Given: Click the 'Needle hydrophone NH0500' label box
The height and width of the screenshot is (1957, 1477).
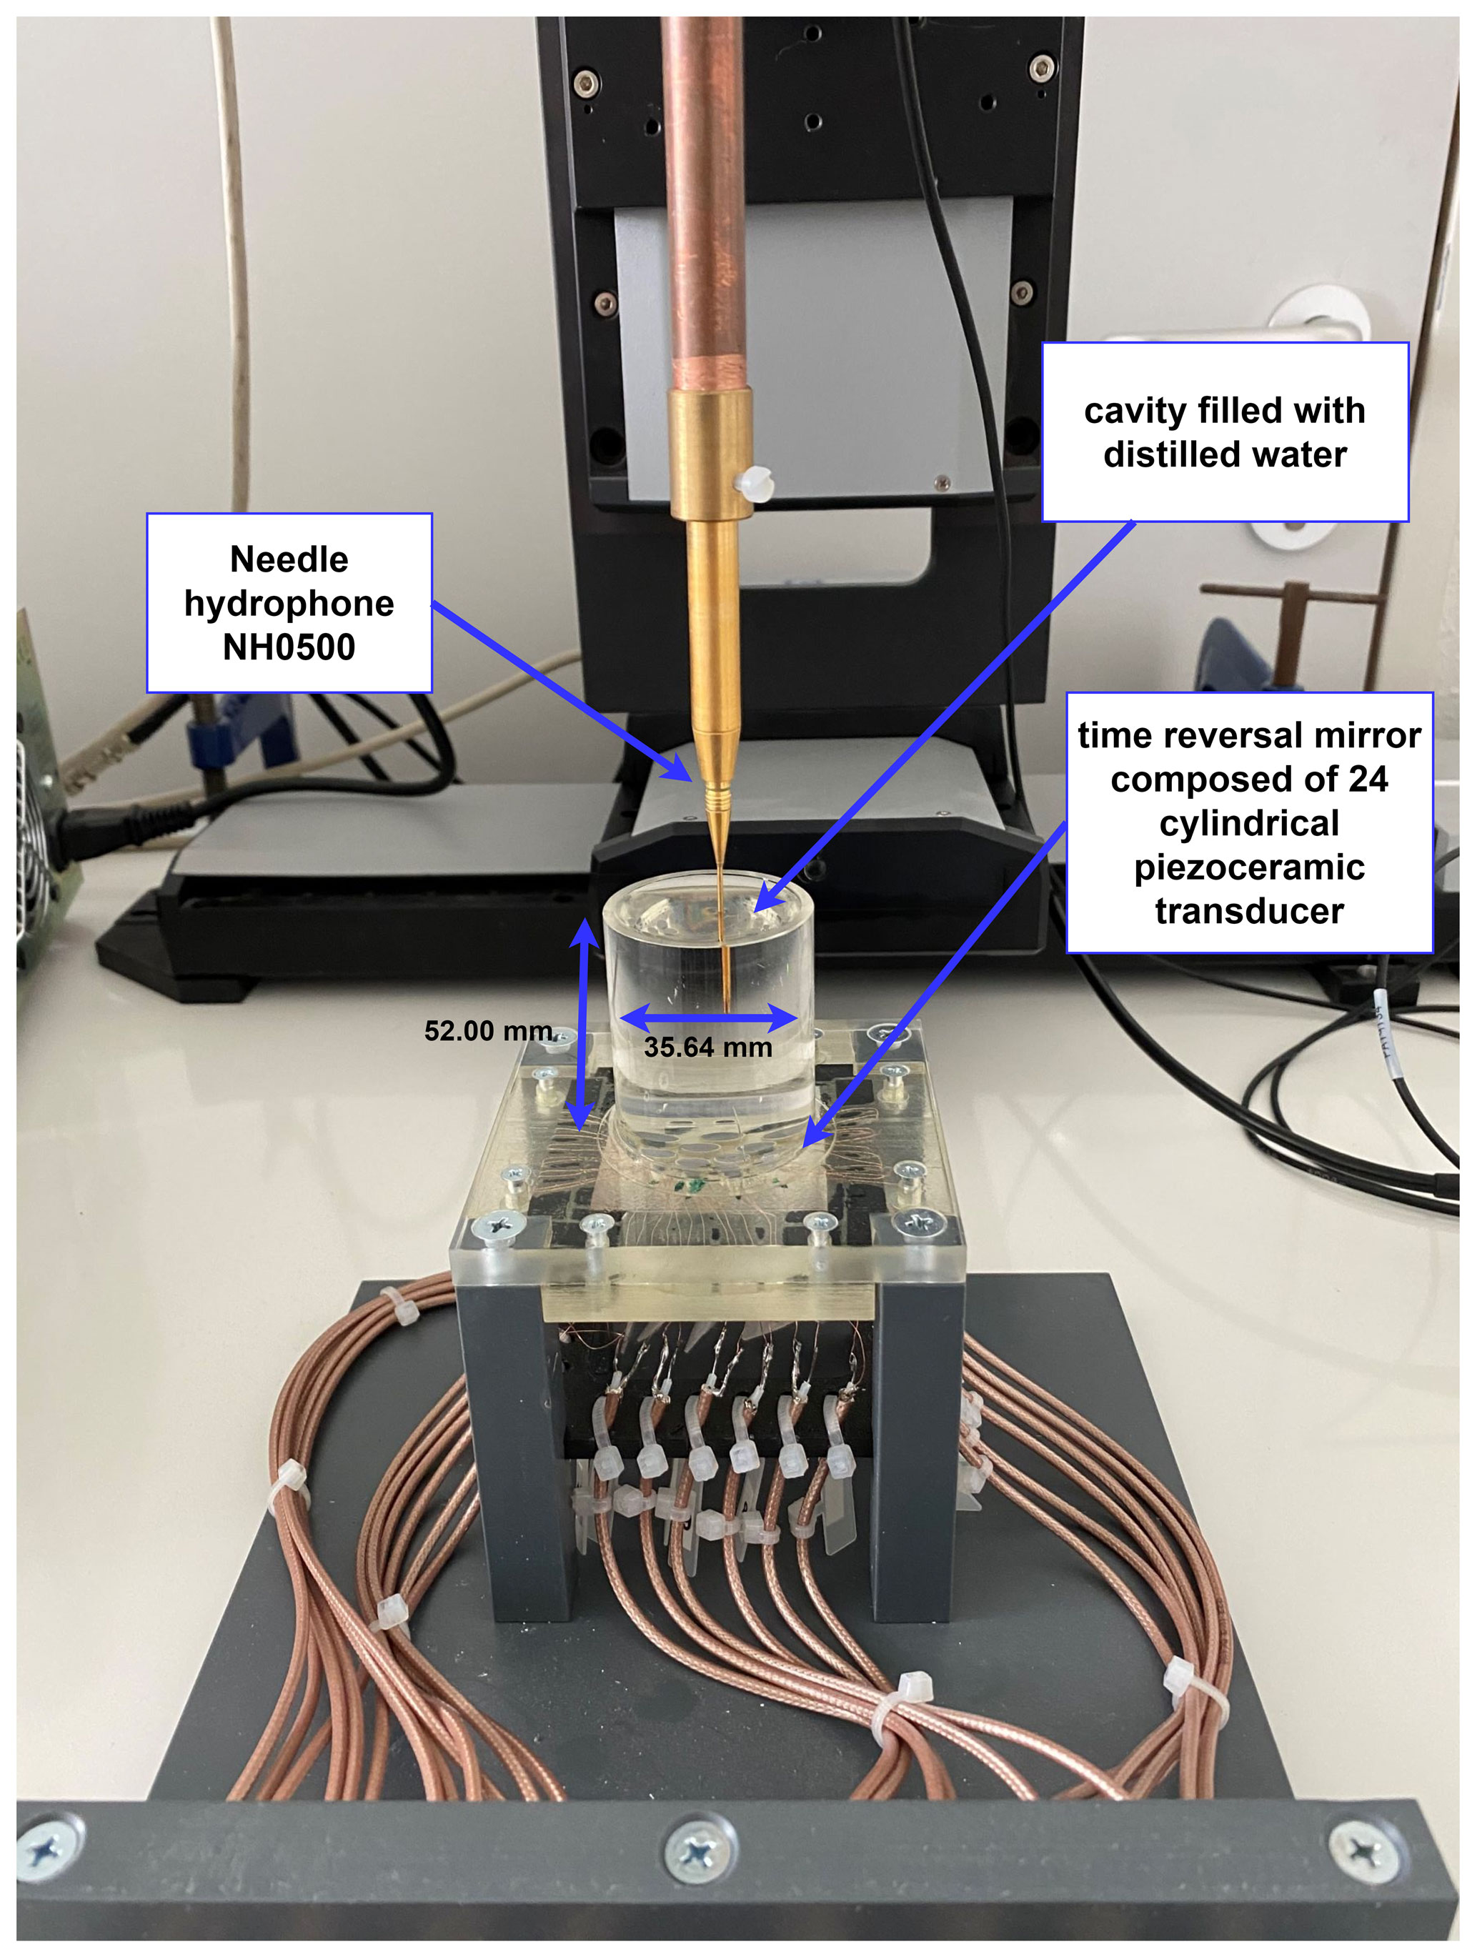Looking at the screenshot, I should click(x=289, y=602).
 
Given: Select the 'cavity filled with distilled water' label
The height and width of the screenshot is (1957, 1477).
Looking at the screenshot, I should click(x=1224, y=432).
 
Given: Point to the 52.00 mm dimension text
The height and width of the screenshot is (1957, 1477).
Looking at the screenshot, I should click(x=487, y=1031).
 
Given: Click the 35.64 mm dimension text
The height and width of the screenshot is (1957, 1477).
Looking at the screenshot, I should click(x=707, y=1047).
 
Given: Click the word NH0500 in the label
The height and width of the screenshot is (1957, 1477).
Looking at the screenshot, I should click(x=289, y=647).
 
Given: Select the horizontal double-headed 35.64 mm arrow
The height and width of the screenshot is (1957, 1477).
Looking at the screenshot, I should click(x=708, y=1017).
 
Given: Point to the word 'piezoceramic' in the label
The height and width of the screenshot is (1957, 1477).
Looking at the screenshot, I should click(x=1248, y=867).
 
